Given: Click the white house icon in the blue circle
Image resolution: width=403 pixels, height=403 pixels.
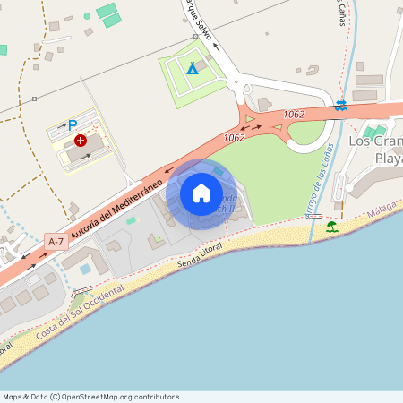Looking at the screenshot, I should click(201, 193).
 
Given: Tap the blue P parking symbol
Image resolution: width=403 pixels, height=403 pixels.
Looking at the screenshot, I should click(73, 125).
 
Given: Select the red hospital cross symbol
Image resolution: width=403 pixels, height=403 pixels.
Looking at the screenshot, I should click(81, 141).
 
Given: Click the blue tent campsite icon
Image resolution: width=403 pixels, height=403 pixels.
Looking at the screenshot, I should click(190, 68).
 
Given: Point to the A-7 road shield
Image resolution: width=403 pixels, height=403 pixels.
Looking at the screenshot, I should click(56, 242).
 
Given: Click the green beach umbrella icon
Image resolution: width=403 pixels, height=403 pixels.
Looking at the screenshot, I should click(332, 227).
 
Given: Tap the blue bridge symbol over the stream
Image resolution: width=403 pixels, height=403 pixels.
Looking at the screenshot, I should click(340, 106).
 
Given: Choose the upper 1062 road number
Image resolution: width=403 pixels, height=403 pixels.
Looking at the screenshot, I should click(294, 115).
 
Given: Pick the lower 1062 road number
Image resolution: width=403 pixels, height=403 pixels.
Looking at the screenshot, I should click(235, 137).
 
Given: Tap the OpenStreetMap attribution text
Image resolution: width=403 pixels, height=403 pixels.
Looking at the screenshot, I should click(90, 396).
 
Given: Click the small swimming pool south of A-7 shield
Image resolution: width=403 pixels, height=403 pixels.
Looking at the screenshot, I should click(85, 269).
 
